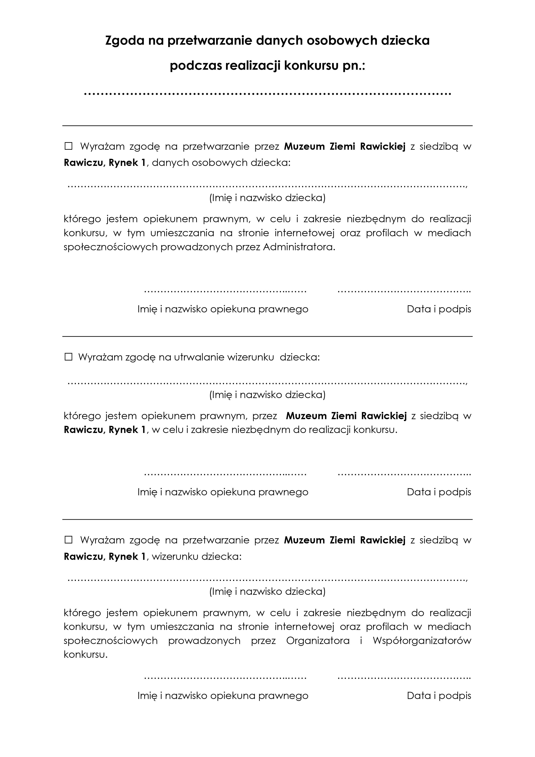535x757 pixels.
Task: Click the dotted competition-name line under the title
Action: (x=267, y=94)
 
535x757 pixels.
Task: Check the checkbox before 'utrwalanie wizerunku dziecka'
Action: (x=69, y=357)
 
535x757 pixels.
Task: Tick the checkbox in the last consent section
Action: (x=69, y=540)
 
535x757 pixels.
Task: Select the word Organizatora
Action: (x=318, y=641)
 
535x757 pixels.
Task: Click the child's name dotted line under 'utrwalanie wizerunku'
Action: (x=267, y=383)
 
